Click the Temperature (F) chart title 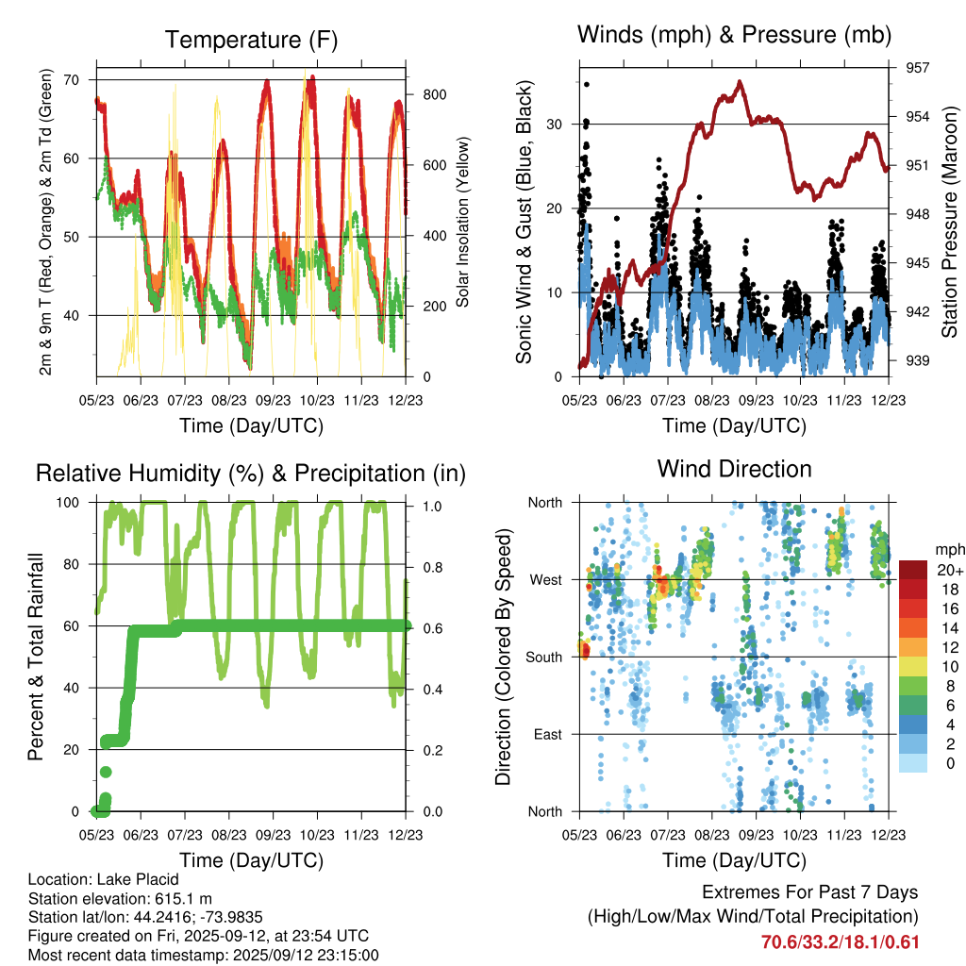pyautogui.click(x=251, y=40)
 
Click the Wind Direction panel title pyautogui.click(x=734, y=468)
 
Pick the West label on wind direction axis pyautogui.click(x=545, y=579)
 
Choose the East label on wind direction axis pyautogui.click(x=548, y=734)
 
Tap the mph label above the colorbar pyautogui.click(x=947, y=549)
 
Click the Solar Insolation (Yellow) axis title pyautogui.click(x=463, y=223)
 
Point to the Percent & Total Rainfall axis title pyautogui.click(x=35, y=657)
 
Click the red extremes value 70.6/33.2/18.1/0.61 pyautogui.click(x=841, y=941)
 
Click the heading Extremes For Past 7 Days pyautogui.click(x=809, y=892)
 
